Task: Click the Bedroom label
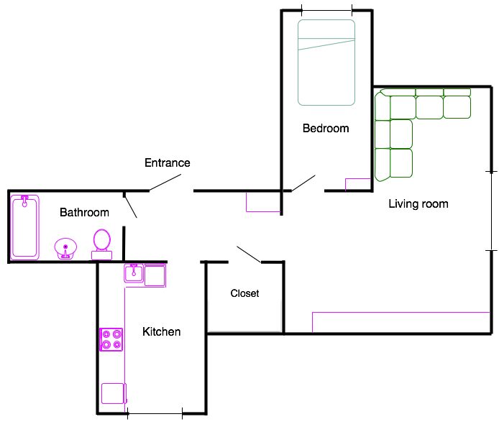(x=326, y=128)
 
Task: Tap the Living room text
(x=418, y=203)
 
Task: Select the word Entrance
(x=168, y=162)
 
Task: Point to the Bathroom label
(x=84, y=212)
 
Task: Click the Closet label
(x=244, y=293)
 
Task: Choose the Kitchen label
(x=161, y=331)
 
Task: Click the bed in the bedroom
(x=326, y=63)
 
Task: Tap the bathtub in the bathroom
(x=25, y=227)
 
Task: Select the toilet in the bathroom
(x=102, y=244)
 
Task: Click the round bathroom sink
(x=65, y=248)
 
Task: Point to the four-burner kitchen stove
(x=111, y=339)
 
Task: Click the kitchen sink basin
(x=134, y=273)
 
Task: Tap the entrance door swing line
(x=165, y=183)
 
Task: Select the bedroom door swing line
(x=303, y=183)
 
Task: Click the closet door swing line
(x=249, y=254)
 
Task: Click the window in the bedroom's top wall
(x=327, y=11)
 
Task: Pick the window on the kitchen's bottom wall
(x=155, y=413)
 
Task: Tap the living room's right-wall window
(x=491, y=211)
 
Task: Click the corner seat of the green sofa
(x=383, y=106)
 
